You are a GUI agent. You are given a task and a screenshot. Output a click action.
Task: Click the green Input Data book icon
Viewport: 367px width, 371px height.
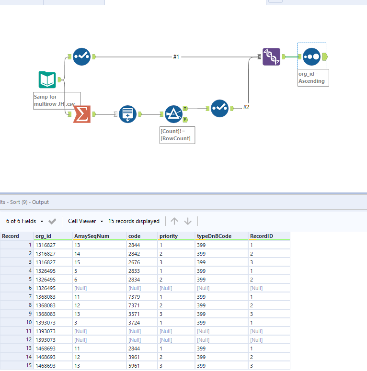pos(47,79)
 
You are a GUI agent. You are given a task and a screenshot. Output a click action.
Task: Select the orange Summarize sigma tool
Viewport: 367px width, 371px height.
pos(82,114)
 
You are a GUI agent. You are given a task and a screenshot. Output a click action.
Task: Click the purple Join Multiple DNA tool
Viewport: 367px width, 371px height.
pos(272,56)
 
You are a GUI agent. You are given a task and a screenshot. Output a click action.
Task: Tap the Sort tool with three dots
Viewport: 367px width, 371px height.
pos(311,56)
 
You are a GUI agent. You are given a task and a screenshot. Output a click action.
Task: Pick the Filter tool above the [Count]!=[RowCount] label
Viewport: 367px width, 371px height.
pos(173,114)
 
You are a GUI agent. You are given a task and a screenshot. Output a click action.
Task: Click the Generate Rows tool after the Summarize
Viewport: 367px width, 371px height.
pos(127,114)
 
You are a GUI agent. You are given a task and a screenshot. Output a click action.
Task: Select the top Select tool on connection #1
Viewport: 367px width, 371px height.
pos(81,57)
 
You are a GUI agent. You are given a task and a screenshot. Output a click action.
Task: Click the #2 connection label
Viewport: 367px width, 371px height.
pos(246,107)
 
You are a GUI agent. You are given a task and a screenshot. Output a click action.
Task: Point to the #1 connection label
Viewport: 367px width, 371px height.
pos(176,57)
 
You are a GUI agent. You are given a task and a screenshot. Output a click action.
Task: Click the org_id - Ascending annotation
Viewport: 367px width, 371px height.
pos(312,77)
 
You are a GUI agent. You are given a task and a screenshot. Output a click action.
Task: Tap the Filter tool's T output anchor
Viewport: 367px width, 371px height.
pos(185,109)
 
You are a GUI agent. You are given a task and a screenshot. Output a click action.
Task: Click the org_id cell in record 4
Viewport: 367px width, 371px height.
pos(46,270)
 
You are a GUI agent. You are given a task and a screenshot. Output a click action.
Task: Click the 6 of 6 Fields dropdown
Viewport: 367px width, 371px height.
pos(24,221)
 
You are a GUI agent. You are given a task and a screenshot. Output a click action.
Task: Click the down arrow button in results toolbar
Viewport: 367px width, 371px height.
pos(188,221)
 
